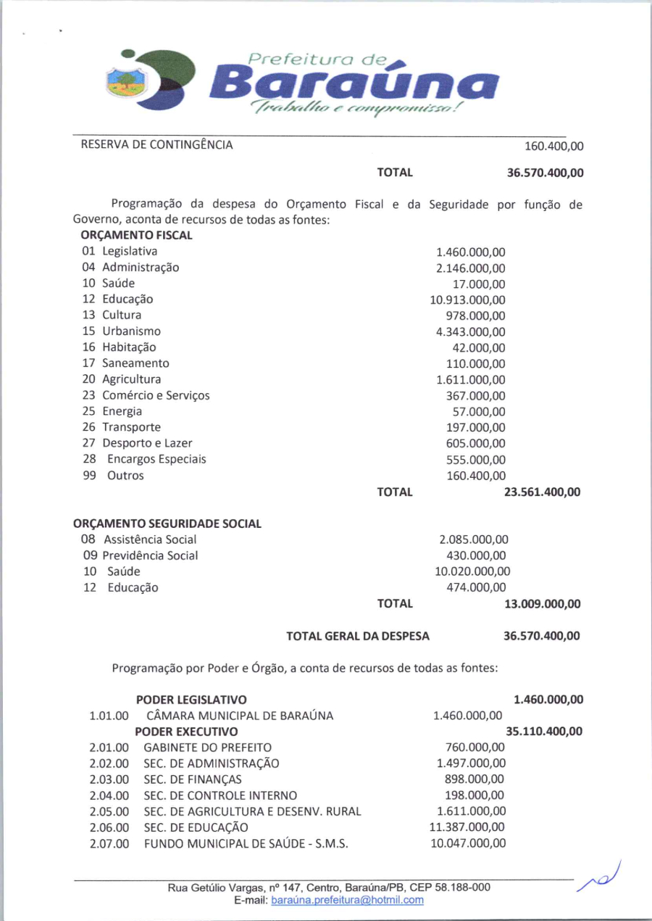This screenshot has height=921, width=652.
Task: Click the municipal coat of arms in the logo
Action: pos(125,80)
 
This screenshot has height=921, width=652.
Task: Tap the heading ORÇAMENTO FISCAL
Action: pos(137,236)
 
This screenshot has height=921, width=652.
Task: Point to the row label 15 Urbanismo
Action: pos(122,331)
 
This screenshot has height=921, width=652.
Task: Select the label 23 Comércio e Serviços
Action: pos(146,395)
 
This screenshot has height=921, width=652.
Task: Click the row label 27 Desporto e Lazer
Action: pos(138,443)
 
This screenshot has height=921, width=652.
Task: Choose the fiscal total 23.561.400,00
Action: pos(542,492)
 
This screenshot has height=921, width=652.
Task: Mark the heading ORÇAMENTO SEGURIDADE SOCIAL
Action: pos(167,524)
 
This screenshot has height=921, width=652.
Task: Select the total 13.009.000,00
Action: pos(542,604)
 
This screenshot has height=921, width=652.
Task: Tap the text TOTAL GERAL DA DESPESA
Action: pos(358,636)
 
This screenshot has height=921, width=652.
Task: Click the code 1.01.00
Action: pos(109,716)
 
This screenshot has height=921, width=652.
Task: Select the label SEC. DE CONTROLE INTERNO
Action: pos(220,796)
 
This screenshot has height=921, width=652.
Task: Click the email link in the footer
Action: pos(347,900)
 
